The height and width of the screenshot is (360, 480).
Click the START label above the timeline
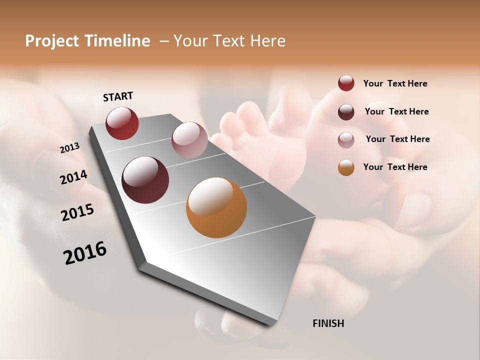[118, 96]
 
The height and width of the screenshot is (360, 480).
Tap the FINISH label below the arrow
[328, 323]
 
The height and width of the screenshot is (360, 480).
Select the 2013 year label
[69, 148]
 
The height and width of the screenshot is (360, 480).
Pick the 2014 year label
[73, 177]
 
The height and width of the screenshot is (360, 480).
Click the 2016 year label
[85, 253]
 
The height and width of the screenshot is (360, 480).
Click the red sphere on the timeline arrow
[122, 123]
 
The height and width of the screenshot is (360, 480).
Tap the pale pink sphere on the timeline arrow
[189, 140]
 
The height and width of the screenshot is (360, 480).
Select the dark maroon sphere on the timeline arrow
[145, 180]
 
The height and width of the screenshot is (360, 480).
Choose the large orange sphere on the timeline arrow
[216, 207]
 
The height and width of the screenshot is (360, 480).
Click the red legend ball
[346, 83]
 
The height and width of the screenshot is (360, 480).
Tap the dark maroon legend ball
[346, 112]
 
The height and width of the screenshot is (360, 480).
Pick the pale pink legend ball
[346, 139]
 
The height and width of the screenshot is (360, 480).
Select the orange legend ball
[346, 167]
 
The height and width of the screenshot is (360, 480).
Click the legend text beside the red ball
[395, 83]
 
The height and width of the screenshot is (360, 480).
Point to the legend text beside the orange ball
[395, 167]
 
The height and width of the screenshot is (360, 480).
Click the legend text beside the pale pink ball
[397, 139]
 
